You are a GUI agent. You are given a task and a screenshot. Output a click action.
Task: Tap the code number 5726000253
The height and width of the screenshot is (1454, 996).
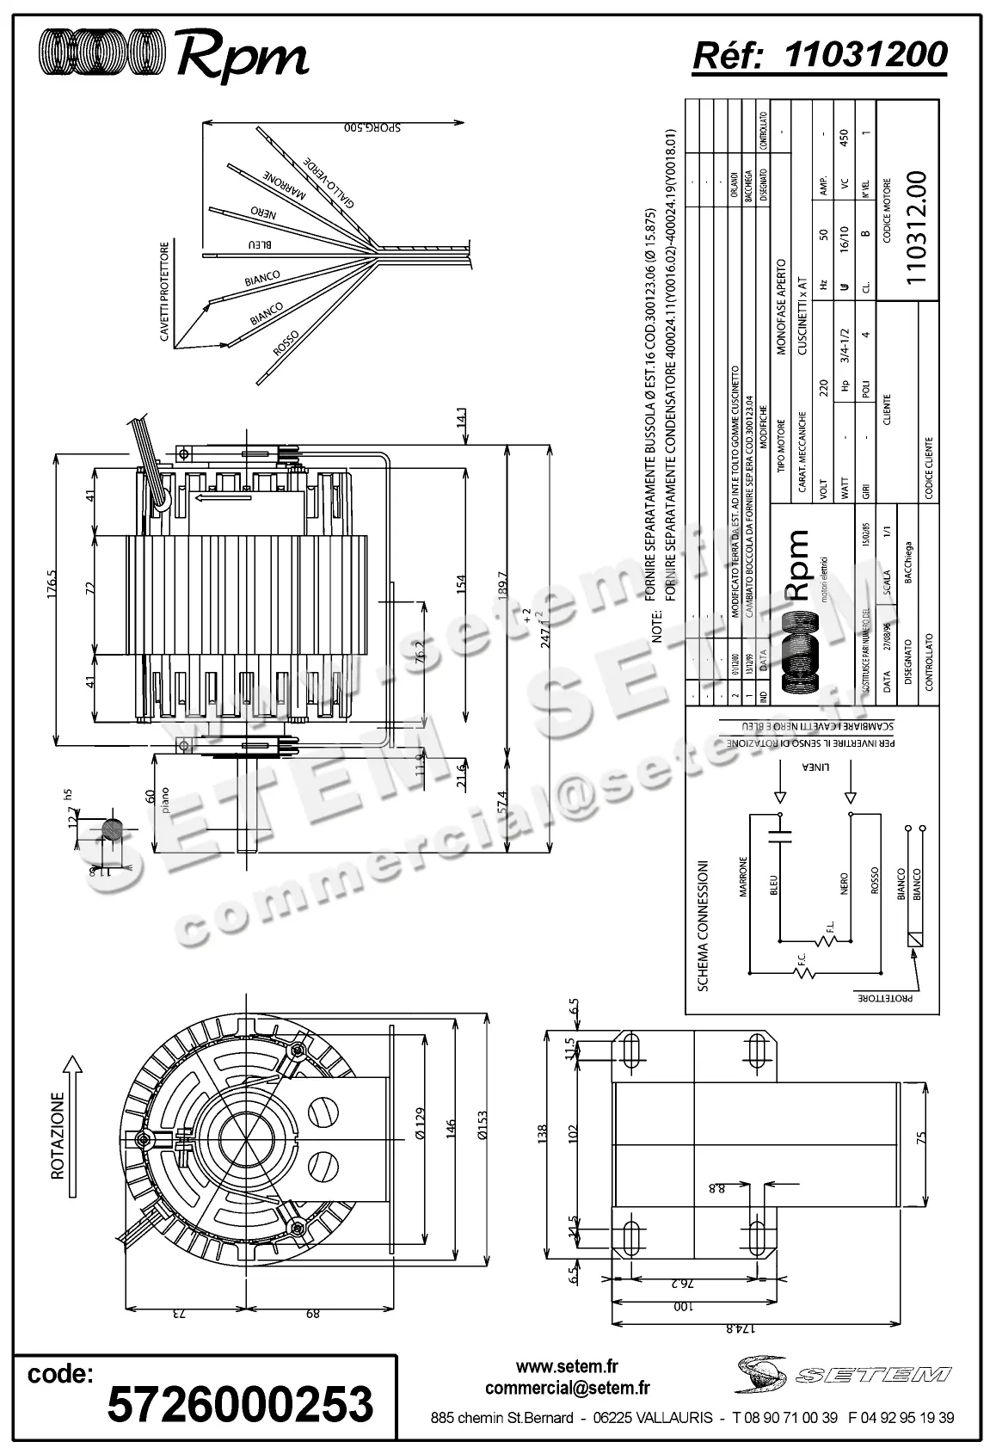[240, 1403]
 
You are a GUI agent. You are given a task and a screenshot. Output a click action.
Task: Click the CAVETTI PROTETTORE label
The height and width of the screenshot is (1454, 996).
[165, 292]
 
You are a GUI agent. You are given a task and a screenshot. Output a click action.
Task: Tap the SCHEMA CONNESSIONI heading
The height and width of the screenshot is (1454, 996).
[702, 925]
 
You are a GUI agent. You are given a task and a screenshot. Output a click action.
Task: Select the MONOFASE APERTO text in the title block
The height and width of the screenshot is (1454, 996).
[780, 306]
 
